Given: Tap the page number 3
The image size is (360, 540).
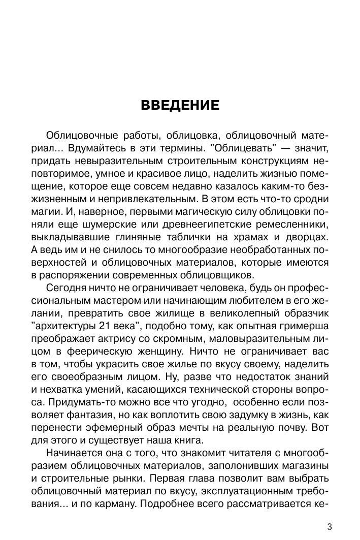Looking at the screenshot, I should (330, 526).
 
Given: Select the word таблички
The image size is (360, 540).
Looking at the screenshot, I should (197, 238).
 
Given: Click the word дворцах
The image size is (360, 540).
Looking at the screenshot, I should (309, 238).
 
